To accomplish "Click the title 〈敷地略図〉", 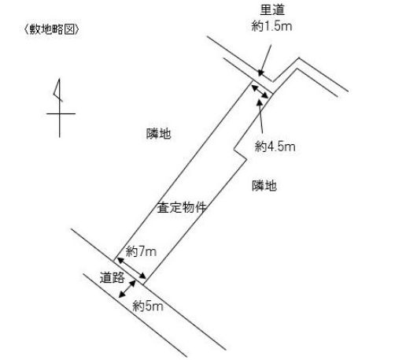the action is pyautogui.click(x=51, y=29).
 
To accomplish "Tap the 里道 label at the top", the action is pyautogui.click(x=272, y=10).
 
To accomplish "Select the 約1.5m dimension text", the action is pyautogui.click(x=271, y=26).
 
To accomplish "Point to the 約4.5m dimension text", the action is pyautogui.click(x=275, y=147).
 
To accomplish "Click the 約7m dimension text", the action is pyautogui.click(x=141, y=251).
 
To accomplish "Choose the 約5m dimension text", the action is pyautogui.click(x=148, y=306).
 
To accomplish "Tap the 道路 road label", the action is pyautogui.click(x=112, y=277).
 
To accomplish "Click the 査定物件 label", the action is pyautogui.click(x=181, y=207).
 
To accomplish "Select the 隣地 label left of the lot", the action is pyautogui.click(x=159, y=134).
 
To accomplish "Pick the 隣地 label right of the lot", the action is pyautogui.click(x=264, y=186).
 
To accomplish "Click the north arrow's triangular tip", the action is pyautogui.click(x=59, y=80).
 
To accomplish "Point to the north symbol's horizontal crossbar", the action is pyautogui.click(x=61, y=113).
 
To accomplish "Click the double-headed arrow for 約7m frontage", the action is pyautogui.click(x=131, y=268).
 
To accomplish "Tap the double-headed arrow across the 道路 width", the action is pyautogui.click(x=127, y=289).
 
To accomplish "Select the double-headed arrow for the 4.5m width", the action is pyautogui.click(x=260, y=91).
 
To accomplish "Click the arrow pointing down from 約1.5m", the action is pyautogui.click(x=265, y=61).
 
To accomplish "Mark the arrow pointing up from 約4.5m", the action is pyautogui.click(x=260, y=116).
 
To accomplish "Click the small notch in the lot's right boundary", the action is pyautogui.click(x=240, y=154).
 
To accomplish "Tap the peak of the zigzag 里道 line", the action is pyautogui.click(x=299, y=58).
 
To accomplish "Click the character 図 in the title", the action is pyautogui.click(x=70, y=29).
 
